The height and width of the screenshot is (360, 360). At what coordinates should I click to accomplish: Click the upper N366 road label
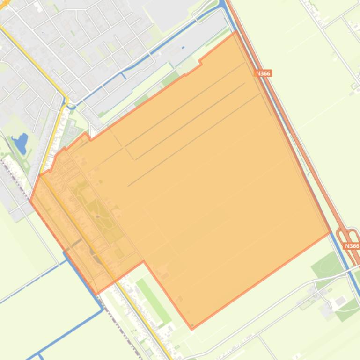point(264,73)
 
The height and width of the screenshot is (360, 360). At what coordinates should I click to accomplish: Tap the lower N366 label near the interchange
point(351,246)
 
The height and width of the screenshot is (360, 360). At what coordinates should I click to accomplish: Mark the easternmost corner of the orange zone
point(331,232)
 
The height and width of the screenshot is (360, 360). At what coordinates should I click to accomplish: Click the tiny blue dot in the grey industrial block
point(183,47)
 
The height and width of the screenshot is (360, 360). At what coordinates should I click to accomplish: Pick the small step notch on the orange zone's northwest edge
point(200,61)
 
